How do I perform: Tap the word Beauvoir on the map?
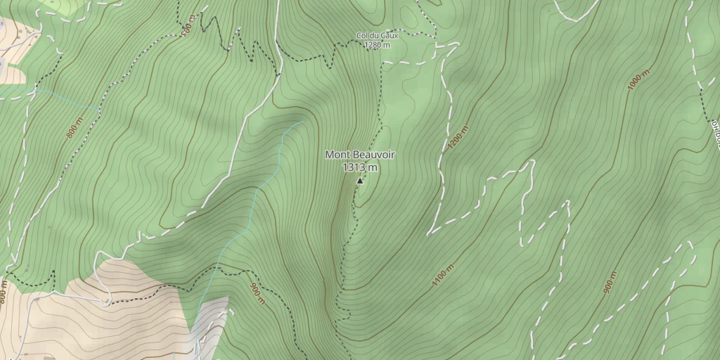click(372, 155)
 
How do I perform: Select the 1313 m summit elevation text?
click(360, 167)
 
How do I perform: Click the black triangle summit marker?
click(360, 181)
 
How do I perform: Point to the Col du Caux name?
click(377, 36)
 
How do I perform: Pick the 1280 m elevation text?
click(377, 46)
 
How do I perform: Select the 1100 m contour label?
click(443, 275)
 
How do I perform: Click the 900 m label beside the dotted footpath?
click(258, 293)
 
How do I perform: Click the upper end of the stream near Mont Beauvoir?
click(302, 122)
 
